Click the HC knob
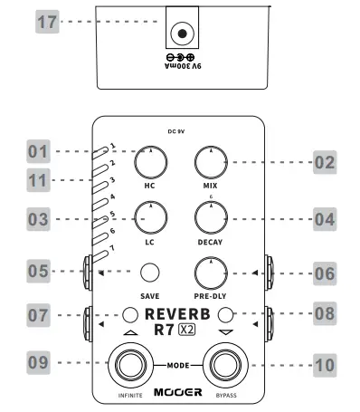[149, 163]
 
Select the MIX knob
[211, 163]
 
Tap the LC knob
[149, 217]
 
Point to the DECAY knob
[211, 217]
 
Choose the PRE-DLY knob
[211, 272]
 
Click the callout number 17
[48, 24]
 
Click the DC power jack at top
[183, 34]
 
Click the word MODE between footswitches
[178, 365]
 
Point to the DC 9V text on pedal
[178, 130]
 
